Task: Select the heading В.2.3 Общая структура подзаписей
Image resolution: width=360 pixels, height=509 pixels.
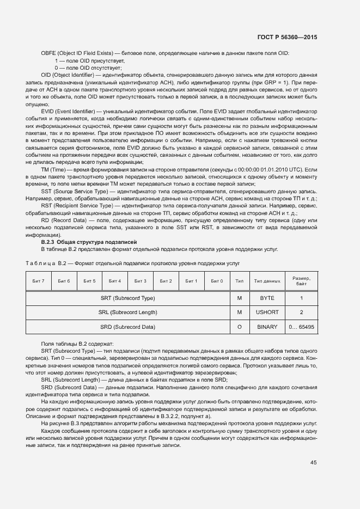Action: [89, 241]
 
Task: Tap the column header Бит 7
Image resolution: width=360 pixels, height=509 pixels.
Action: [39, 281]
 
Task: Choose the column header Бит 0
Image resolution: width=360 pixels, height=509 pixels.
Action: [217, 281]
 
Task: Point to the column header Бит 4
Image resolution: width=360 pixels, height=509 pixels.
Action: [115, 281]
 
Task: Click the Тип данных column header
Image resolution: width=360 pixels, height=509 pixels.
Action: [267, 281]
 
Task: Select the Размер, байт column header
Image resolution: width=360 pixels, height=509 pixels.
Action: [301, 281]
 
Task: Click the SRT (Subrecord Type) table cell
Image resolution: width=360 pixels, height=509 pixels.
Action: [127, 298]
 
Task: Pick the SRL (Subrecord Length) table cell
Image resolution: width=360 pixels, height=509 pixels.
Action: [127, 312]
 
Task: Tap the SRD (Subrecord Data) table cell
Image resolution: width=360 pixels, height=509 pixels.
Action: [127, 327]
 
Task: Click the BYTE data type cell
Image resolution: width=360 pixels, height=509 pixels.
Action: [267, 298]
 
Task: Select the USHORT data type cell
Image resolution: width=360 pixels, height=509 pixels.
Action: [267, 312]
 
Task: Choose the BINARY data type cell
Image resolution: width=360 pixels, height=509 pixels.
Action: [267, 327]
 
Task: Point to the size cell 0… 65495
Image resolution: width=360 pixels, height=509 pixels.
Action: [301, 327]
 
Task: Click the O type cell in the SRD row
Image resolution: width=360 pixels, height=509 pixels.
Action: [239, 327]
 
